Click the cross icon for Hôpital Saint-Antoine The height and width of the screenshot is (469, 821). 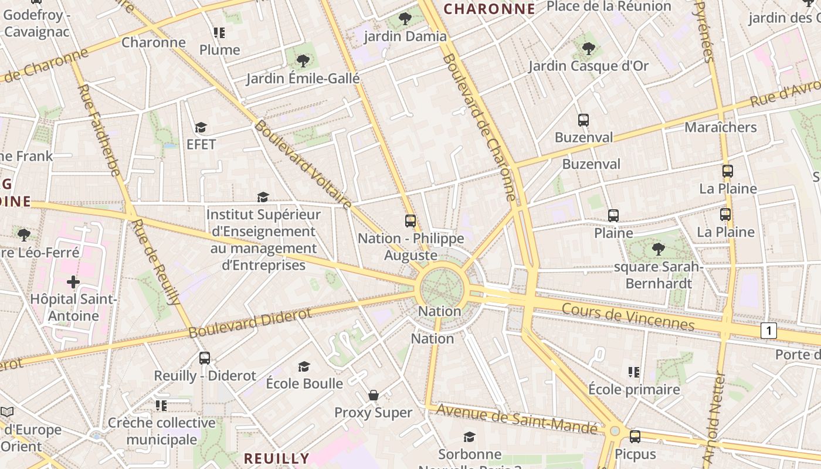point(73,283)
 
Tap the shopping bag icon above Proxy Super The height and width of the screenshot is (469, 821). point(373,396)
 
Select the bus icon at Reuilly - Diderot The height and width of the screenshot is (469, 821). point(205,358)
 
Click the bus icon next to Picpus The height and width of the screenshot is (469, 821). point(635,437)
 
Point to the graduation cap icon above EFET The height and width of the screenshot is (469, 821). point(201,128)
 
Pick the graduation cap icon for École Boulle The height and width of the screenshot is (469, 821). point(304,367)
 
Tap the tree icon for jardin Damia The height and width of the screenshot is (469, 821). point(405,19)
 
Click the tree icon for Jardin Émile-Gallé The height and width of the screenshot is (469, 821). point(303,60)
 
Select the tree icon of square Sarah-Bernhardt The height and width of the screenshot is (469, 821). point(658,249)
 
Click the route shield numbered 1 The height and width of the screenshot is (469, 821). point(768,331)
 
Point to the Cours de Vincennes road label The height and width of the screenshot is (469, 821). point(627,317)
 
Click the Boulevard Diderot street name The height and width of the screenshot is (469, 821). point(250,323)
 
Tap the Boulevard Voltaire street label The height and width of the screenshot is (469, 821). point(303,165)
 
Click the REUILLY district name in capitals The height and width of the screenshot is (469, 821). point(276,458)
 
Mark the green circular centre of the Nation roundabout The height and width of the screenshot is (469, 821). point(442,288)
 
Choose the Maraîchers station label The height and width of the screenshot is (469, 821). point(720,127)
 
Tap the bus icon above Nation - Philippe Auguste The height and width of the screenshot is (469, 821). point(410,221)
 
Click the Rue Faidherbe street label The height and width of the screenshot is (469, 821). point(99,130)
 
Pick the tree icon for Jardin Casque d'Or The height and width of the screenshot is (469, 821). point(588,49)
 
